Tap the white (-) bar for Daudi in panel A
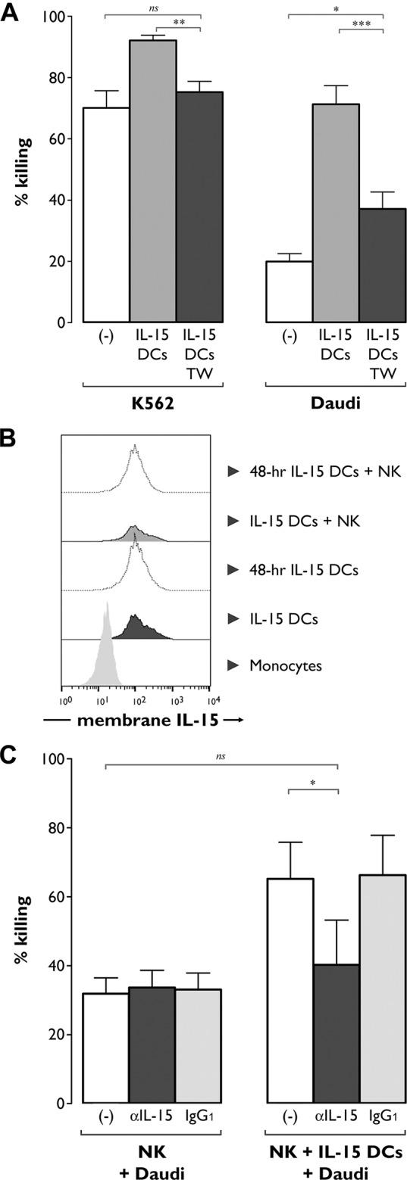289,291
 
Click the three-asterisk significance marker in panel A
360,24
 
